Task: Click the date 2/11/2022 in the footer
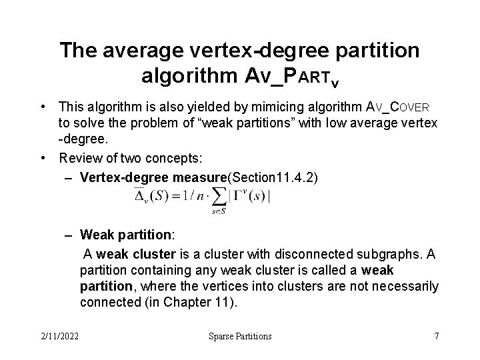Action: pyautogui.click(x=59, y=336)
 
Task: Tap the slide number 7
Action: pyautogui.click(x=436, y=336)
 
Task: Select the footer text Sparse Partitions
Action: pyautogui.click(x=240, y=336)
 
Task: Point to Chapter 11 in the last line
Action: pyautogui.click(x=210, y=302)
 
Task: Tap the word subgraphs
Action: pyautogui.click(x=394, y=254)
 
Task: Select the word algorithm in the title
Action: pyautogui.click(x=184, y=75)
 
